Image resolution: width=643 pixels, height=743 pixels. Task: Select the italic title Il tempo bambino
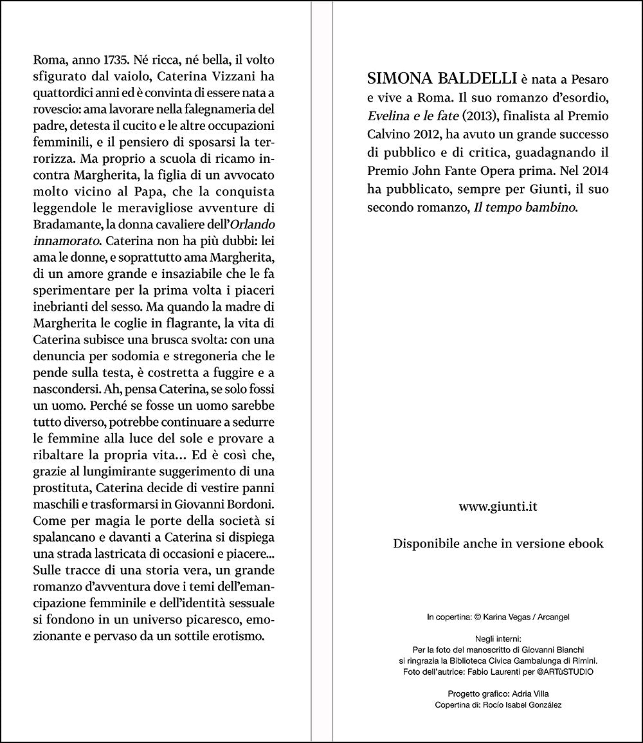click(x=521, y=208)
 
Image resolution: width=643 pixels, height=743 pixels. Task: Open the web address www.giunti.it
click(x=498, y=507)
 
